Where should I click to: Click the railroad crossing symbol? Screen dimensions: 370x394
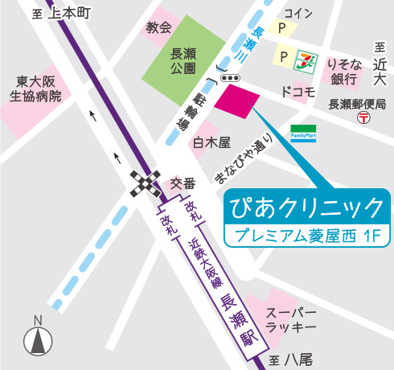pos(146,185)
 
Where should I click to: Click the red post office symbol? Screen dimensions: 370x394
pos(364,117)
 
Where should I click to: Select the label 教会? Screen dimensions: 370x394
pos(158,27)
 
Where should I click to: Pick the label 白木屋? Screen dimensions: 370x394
pos(211,142)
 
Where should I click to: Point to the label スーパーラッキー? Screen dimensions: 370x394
pos(291,321)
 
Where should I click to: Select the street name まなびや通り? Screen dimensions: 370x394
pos(244,158)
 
